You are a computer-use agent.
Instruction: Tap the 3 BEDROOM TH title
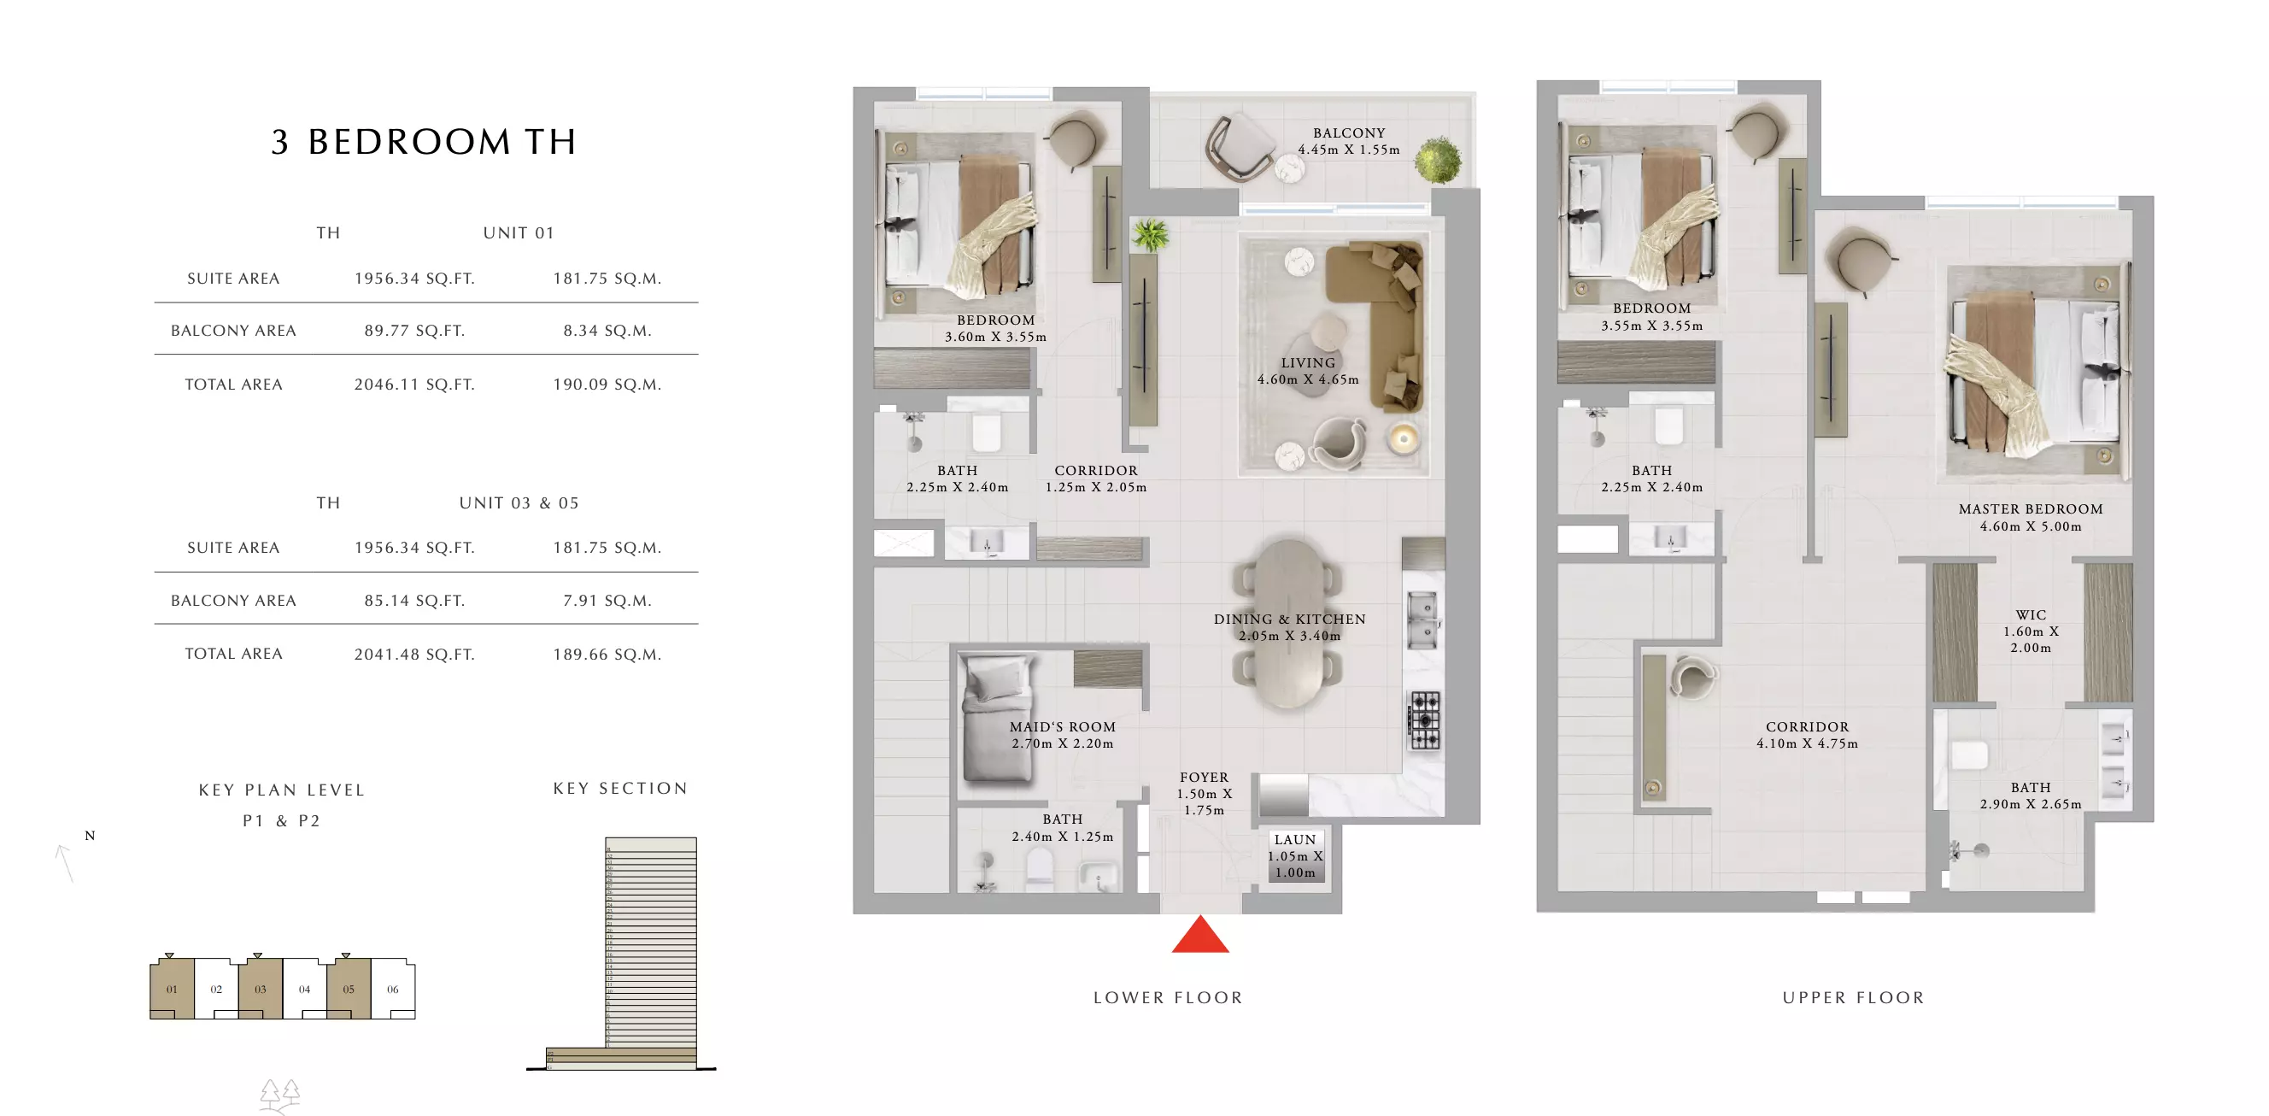click(x=424, y=142)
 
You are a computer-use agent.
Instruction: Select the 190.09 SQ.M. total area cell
click(x=606, y=384)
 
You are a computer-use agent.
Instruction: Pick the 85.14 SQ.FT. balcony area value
click(x=414, y=601)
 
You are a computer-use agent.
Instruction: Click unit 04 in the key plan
click(x=304, y=990)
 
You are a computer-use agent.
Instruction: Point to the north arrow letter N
click(x=90, y=836)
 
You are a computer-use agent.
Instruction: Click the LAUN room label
click(x=1294, y=839)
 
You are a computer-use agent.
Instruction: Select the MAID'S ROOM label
click(x=1061, y=726)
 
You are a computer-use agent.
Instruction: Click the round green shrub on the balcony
click(x=1438, y=161)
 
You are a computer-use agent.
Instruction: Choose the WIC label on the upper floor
click(x=2031, y=614)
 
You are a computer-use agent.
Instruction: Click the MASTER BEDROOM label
click(x=2030, y=509)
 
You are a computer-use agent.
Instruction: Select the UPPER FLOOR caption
click(x=1853, y=997)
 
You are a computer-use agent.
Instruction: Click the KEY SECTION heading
click(x=620, y=789)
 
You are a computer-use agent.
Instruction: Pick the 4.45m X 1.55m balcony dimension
click(x=1348, y=150)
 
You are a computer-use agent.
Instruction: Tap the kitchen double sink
click(x=1422, y=620)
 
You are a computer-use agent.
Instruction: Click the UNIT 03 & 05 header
click(x=518, y=503)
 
